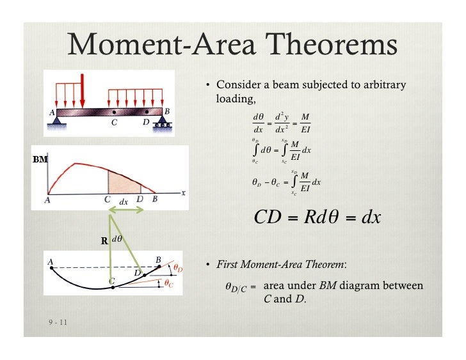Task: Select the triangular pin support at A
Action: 58,119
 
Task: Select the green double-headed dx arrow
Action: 124,209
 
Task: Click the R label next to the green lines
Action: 104,242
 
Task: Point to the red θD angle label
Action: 179,267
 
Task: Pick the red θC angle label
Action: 168,283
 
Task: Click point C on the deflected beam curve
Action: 112,288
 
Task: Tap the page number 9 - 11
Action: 56,322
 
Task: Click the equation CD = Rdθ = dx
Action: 317,217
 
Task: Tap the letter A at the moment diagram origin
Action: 47,200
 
